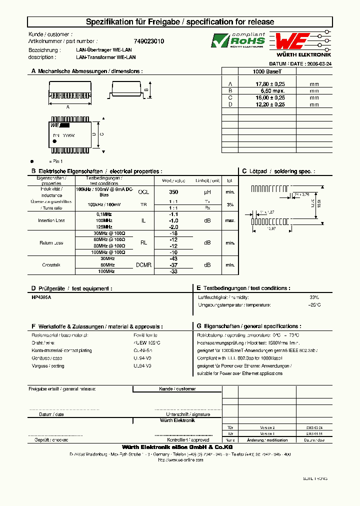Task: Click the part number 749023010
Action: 149,41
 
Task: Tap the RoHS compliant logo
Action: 238,41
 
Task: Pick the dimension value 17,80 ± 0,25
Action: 270,84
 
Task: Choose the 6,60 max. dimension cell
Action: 270,91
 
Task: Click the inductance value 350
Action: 173,192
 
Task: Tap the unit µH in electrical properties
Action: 207,192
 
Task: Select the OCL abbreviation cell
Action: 143,192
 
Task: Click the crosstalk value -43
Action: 173,258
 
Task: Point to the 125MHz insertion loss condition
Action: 104,226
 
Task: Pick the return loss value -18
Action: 173,233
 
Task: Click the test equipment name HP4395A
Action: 41,297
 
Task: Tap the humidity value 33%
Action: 313,297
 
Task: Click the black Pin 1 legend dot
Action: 32,161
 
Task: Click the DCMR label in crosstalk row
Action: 143,265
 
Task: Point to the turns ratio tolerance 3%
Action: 230,204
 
